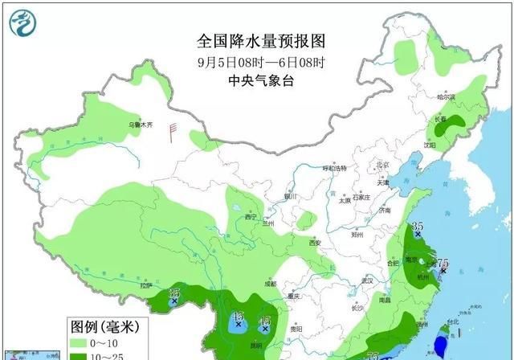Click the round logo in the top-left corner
pos(22,24)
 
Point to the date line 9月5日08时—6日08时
pos(255,61)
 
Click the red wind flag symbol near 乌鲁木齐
pos(171,128)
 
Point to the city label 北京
pos(382,165)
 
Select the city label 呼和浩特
pos(333,168)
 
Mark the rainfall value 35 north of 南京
pos(417,227)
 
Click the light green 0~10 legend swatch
pos(78,343)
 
